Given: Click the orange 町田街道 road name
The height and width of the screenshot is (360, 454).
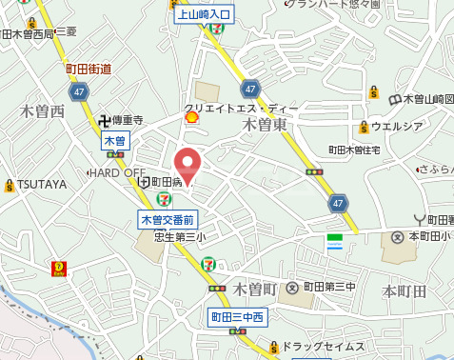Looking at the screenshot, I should point(89,69).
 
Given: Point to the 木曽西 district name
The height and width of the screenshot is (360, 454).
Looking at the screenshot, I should point(43,111).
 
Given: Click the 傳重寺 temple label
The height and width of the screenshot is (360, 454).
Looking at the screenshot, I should point(127,121).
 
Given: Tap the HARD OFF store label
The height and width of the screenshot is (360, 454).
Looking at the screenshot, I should point(117,172).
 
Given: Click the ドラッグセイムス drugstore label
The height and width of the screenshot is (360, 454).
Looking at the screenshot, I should point(323,346).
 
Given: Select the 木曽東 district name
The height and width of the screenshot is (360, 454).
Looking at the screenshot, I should point(265,124).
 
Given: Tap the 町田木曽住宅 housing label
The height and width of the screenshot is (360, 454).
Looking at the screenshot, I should point(354,150).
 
